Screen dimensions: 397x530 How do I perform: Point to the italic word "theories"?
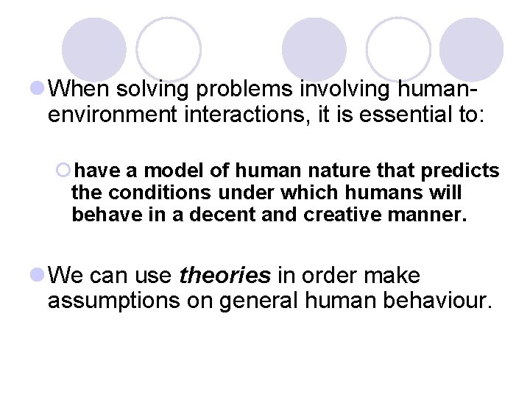click(x=225, y=276)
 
